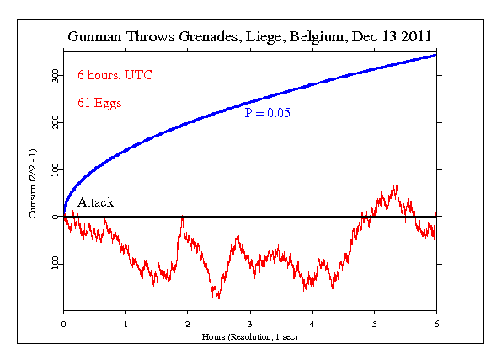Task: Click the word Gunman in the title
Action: (x=94, y=36)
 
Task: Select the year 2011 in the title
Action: (x=416, y=36)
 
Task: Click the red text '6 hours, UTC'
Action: (x=115, y=75)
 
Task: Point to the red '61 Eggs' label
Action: (x=99, y=103)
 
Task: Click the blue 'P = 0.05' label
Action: (x=267, y=113)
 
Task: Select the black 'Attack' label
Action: (x=96, y=202)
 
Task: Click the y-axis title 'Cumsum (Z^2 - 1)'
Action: (x=33, y=184)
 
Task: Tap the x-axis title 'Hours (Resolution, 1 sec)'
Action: (x=249, y=337)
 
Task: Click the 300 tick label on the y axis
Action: (x=56, y=76)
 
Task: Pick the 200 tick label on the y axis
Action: (x=56, y=122)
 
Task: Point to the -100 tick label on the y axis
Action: (x=56, y=265)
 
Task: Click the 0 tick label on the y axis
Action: (x=56, y=217)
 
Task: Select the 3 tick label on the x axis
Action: (x=250, y=324)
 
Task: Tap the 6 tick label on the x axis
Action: (x=436, y=324)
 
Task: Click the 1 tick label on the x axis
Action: (x=125, y=324)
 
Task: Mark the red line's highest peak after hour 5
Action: (x=397, y=185)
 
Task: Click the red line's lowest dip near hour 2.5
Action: (x=219, y=298)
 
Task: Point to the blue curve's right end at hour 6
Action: (x=435, y=56)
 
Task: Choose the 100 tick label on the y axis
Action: (x=56, y=170)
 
